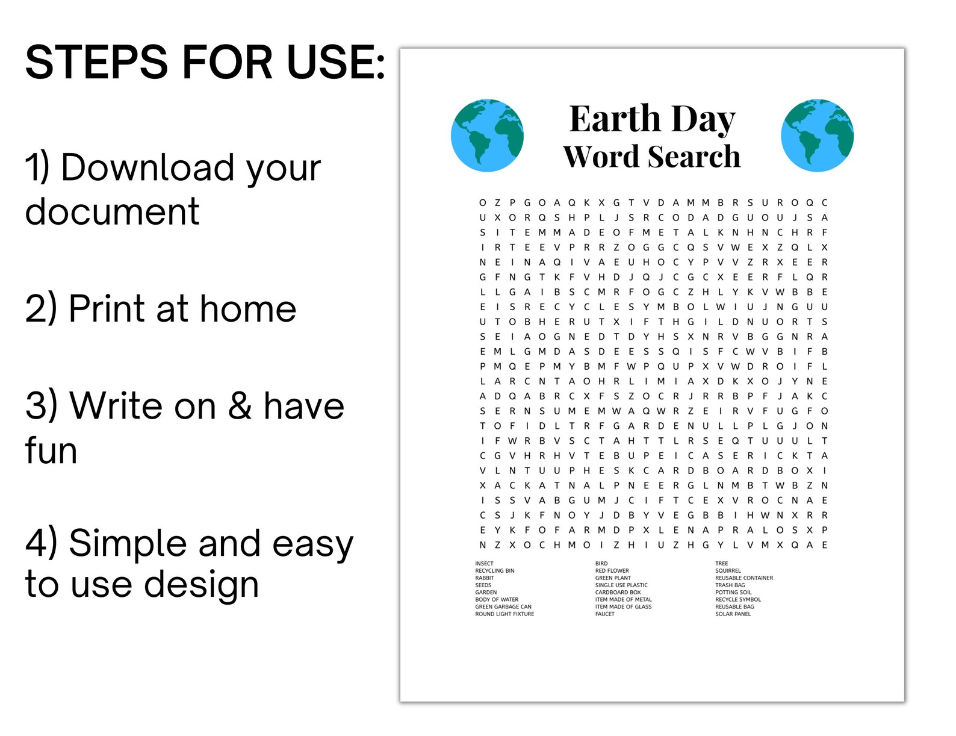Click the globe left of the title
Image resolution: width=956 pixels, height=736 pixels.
[x=487, y=136]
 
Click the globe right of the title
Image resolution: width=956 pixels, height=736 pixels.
[x=817, y=136]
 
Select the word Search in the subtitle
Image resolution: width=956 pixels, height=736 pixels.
[x=694, y=157]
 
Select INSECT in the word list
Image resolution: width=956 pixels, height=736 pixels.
[x=484, y=564]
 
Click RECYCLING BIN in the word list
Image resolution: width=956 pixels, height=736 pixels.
[x=494, y=571]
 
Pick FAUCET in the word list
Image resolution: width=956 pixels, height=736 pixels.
[x=604, y=614]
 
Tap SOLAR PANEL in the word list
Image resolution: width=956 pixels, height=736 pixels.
[x=733, y=614]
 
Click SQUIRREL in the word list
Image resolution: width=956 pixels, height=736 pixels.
[x=728, y=571]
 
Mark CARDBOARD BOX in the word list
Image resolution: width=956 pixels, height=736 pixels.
[x=618, y=593]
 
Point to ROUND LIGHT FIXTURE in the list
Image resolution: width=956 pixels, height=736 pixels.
[x=504, y=614]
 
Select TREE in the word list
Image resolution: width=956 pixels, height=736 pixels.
[x=721, y=564]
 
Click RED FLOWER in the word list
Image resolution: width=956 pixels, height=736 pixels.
[x=612, y=571]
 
